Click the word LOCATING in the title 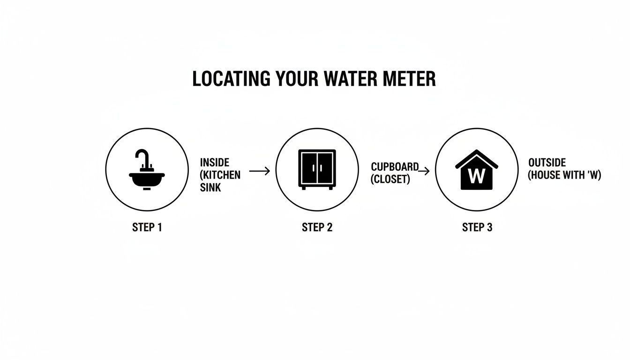224,79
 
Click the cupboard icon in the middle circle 317,169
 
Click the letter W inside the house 476,176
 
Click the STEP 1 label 147,228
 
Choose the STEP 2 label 317,228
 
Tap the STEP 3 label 477,228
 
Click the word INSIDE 214,163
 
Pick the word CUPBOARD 394,167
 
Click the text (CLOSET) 390,179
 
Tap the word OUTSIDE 547,163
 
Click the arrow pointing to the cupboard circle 260,171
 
